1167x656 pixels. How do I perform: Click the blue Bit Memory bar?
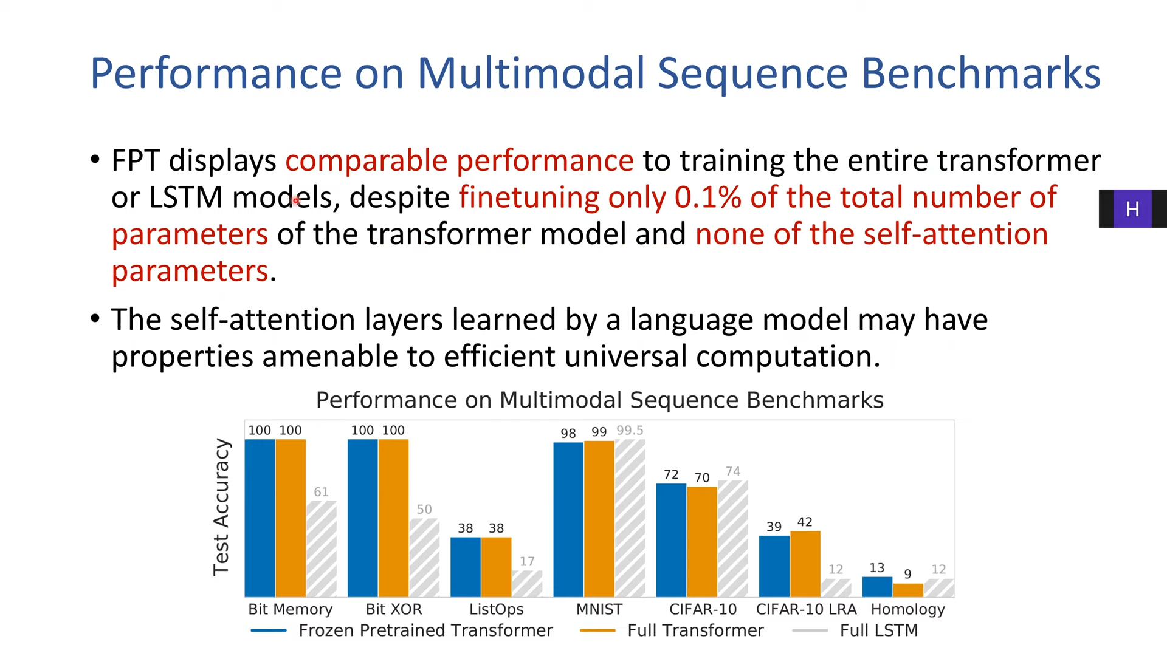tap(260, 518)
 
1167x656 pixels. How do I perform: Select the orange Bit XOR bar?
tap(393, 518)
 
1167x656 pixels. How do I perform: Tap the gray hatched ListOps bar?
tap(527, 584)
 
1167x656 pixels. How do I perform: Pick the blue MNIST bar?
tap(568, 520)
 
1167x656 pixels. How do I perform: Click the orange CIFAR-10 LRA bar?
tap(805, 564)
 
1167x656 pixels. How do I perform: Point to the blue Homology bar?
tap(877, 587)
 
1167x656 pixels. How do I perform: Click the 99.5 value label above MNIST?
tap(630, 430)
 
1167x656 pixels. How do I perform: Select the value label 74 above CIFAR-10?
tap(733, 471)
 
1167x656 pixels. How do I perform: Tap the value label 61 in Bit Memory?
tap(321, 492)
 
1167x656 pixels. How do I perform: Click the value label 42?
tap(805, 522)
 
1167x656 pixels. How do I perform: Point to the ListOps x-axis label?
tap(497, 609)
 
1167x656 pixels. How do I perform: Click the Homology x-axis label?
tap(908, 609)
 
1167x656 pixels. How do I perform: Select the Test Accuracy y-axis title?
tap(221, 507)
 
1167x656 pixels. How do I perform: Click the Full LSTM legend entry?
tap(855, 630)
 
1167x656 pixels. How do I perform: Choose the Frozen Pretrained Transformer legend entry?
tap(402, 630)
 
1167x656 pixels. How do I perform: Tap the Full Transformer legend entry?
tap(672, 630)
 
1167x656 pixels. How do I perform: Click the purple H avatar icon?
tap(1132, 209)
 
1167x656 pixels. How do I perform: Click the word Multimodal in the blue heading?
tap(531, 73)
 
